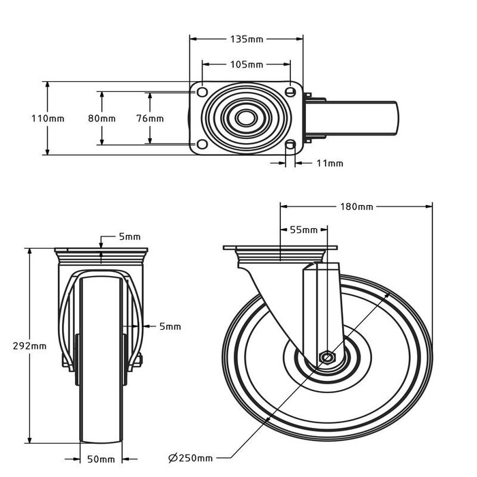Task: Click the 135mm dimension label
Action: [x=246, y=39]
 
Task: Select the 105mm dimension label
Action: [x=246, y=65]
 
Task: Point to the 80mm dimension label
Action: [x=102, y=118]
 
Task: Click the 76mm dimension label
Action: [x=150, y=118]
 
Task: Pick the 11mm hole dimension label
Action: [x=330, y=163]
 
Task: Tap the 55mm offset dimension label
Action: [x=304, y=230]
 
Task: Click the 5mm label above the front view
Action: [x=129, y=236]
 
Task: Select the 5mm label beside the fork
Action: [x=170, y=326]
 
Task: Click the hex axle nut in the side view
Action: [x=328, y=357]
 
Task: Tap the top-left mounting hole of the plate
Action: [x=202, y=91]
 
